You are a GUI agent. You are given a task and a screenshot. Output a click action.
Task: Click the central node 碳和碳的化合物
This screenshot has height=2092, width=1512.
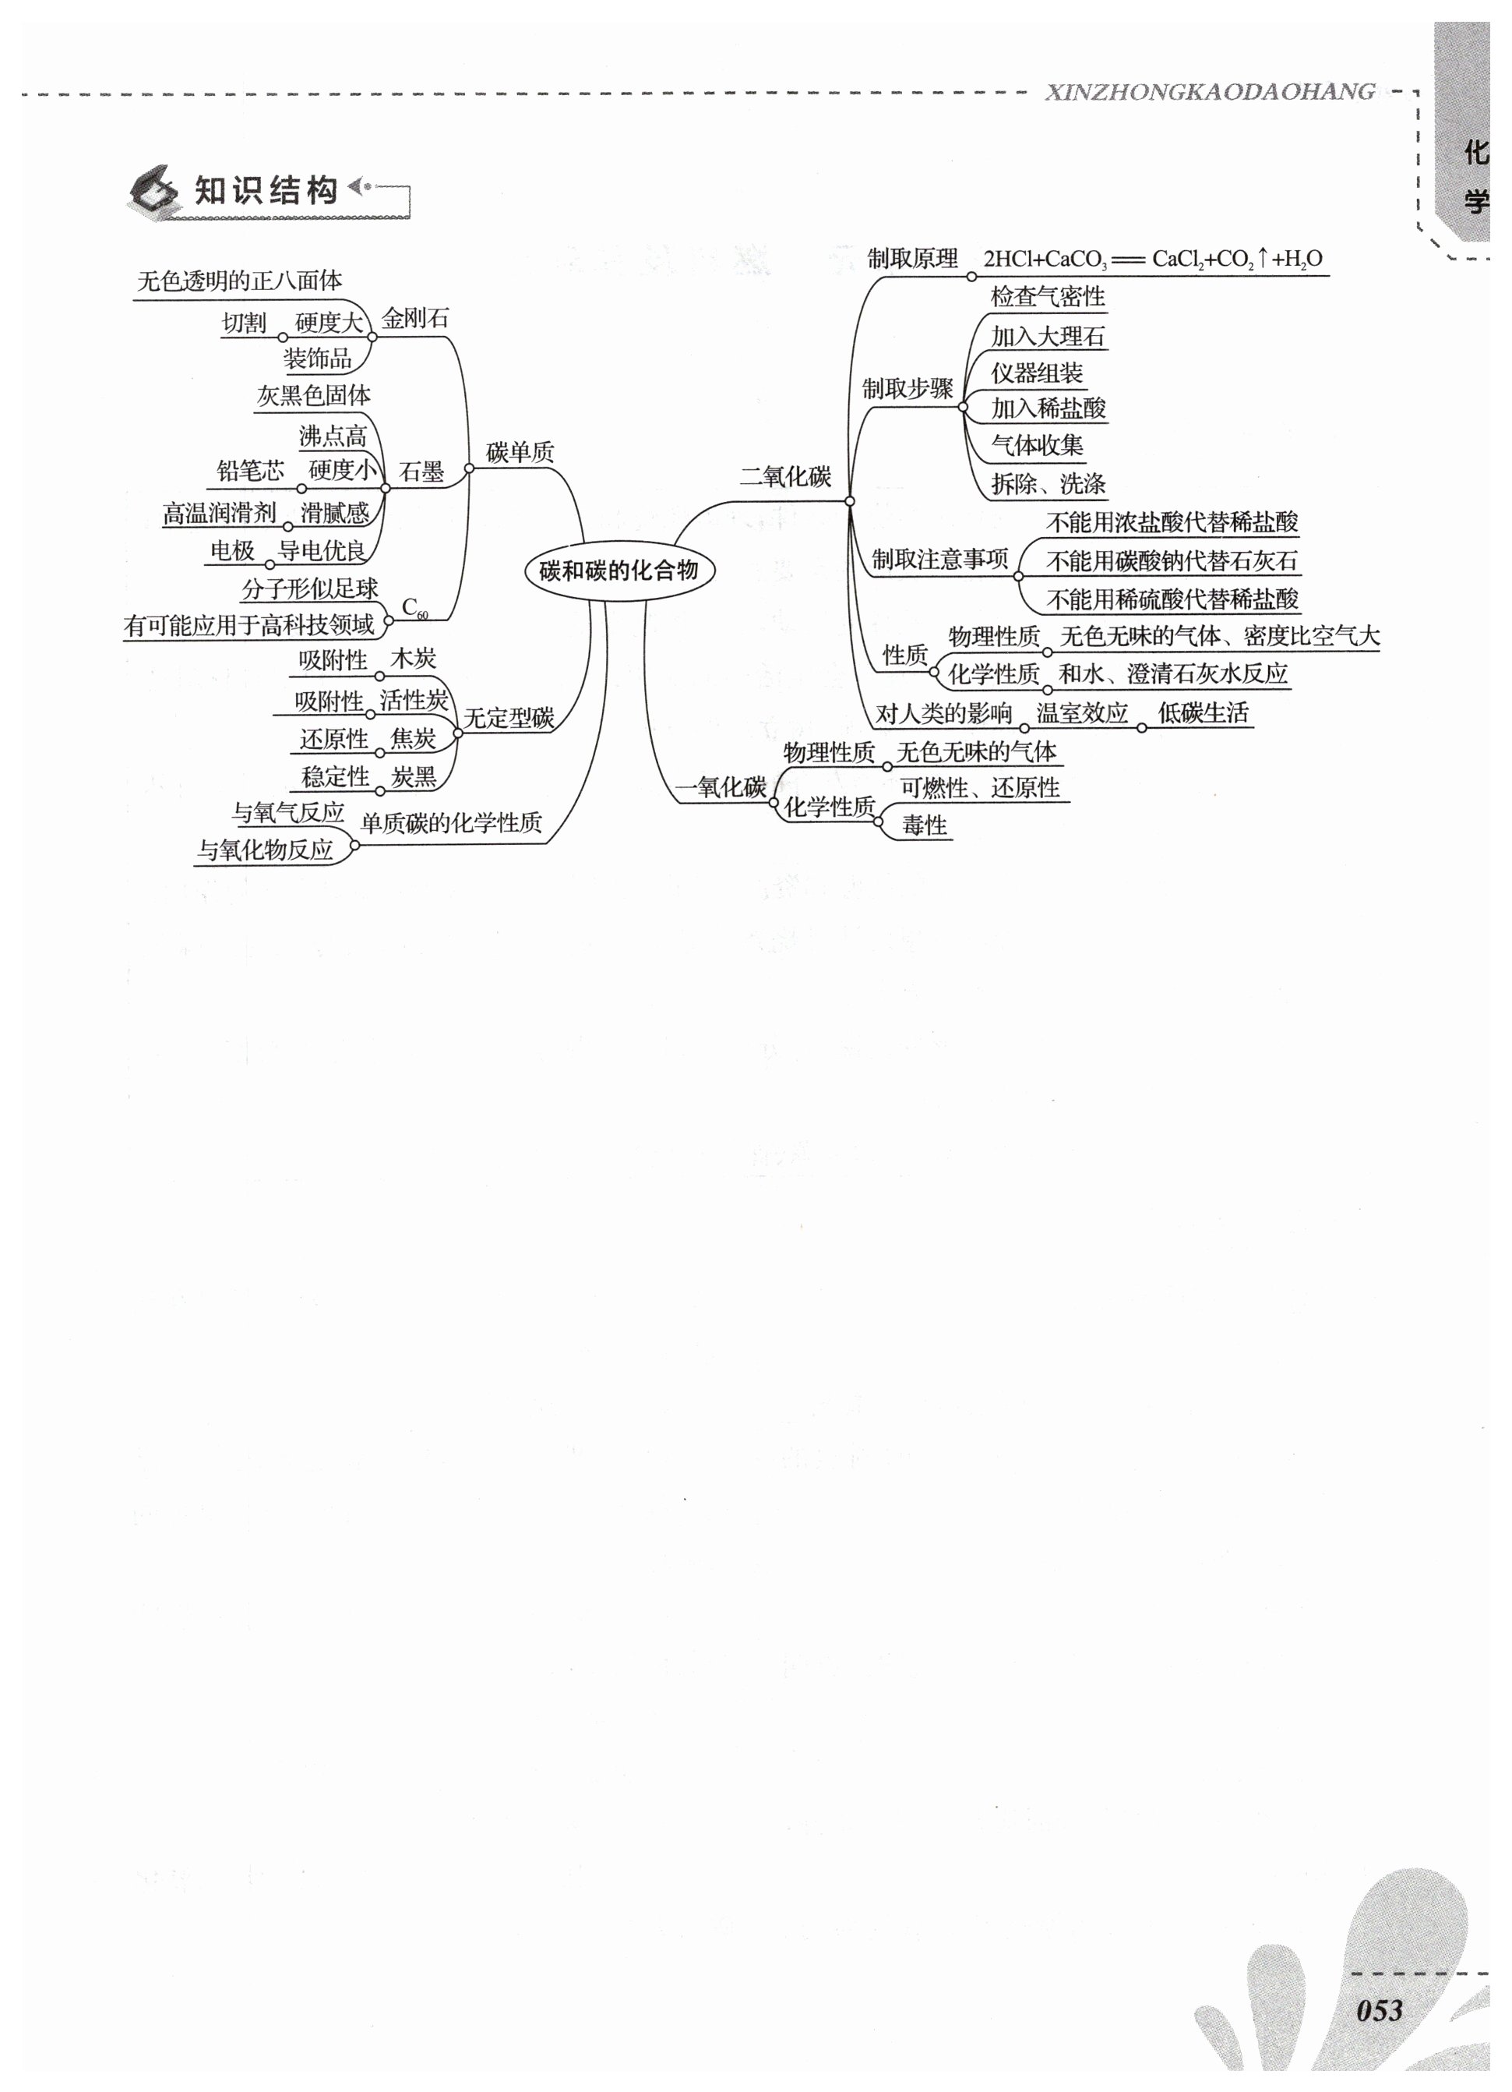click(x=619, y=570)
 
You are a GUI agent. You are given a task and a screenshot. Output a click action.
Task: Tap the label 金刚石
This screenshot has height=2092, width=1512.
click(x=415, y=319)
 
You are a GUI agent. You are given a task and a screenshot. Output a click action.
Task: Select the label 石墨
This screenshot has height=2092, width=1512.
click(x=421, y=472)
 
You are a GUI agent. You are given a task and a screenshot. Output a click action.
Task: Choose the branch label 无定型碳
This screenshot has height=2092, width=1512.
click(x=508, y=718)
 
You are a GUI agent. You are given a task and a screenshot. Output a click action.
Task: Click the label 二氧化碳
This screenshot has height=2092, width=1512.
click(x=784, y=477)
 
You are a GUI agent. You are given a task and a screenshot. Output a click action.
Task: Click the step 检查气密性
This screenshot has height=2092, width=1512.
click(x=1047, y=297)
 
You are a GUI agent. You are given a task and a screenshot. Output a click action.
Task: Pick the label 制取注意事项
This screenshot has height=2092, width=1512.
click(x=939, y=559)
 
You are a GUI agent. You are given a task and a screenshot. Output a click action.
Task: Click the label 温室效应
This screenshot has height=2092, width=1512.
click(x=1081, y=713)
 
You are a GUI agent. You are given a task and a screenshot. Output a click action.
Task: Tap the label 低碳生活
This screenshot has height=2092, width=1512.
click(x=1204, y=713)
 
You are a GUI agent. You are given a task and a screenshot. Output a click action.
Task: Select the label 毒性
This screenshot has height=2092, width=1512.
click(x=925, y=825)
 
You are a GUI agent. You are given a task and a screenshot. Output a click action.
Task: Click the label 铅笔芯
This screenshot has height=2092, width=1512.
click(x=250, y=472)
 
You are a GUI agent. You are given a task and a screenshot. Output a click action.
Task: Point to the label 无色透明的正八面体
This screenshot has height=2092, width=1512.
click(x=240, y=281)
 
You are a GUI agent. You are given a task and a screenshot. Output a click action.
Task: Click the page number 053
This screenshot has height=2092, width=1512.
click(x=1378, y=2010)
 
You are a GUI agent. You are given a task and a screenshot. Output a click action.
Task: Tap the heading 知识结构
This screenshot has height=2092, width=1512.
click(x=266, y=191)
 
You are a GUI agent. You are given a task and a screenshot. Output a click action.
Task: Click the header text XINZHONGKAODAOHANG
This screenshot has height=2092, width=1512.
click(x=1210, y=92)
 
